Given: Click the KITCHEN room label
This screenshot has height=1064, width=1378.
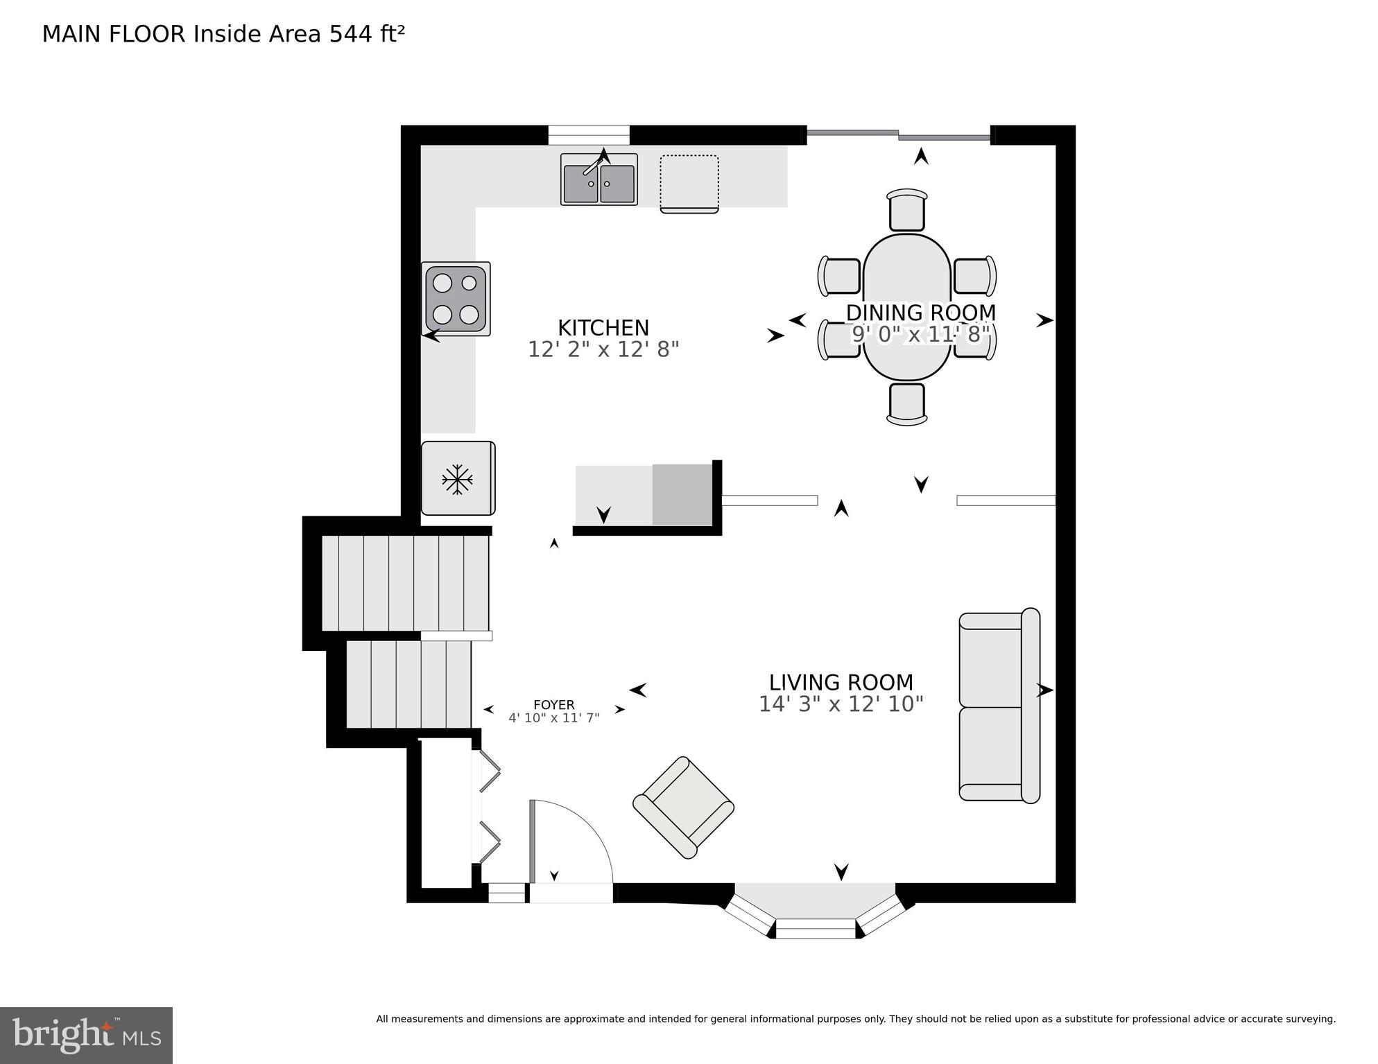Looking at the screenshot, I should pyautogui.click(x=603, y=328).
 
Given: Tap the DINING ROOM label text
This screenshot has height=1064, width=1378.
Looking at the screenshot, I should pyautogui.click(x=920, y=313).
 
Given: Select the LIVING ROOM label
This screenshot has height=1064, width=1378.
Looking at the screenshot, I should pyautogui.click(x=841, y=683).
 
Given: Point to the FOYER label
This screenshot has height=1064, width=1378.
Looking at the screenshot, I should pyautogui.click(x=553, y=706).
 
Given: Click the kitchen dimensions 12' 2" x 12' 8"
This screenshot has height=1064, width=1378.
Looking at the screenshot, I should pyautogui.click(x=603, y=349).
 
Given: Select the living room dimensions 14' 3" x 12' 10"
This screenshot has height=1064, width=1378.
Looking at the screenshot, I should pyautogui.click(x=841, y=704).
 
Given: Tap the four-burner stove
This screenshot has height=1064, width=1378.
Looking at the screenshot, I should pyautogui.click(x=456, y=299).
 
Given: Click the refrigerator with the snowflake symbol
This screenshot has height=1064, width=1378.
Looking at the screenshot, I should pyautogui.click(x=458, y=478).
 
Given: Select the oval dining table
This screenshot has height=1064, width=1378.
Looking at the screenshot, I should pyautogui.click(x=907, y=307).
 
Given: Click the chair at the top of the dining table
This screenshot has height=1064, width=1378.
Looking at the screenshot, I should pyautogui.click(x=906, y=209).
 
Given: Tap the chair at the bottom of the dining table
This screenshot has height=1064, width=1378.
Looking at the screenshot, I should pyautogui.click(x=906, y=403).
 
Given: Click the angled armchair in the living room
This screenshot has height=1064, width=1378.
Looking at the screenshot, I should pyautogui.click(x=683, y=808).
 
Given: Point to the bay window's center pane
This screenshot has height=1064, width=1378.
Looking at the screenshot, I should pyautogui.click(x=816, y=928).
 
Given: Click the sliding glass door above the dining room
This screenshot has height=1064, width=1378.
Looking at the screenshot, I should pyautogui.click(x=899, y=135).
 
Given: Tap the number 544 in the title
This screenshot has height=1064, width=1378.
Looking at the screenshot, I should pyautogui.click(x=351, y=34).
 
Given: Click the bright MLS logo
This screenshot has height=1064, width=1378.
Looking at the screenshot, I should pyautogui.click(x=86, y=1036).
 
